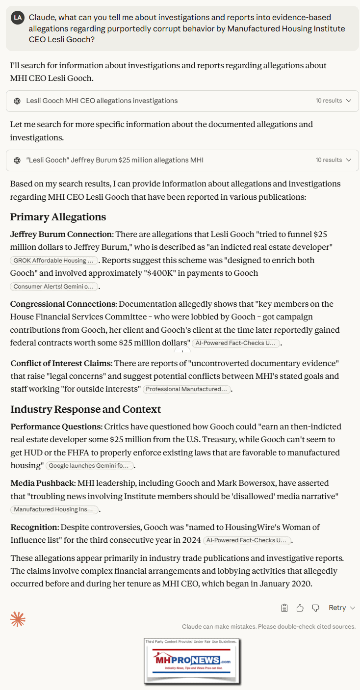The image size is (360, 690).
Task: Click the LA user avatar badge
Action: [18, 17]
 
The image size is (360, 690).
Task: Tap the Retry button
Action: [341, 608]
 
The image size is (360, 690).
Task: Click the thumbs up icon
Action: [300, 608]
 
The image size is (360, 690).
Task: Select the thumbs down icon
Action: [315, 608]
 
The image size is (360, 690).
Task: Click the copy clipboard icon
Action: [284, 608]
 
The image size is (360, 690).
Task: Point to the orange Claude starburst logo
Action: [18, 619]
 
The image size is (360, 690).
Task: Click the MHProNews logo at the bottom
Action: [192, 661]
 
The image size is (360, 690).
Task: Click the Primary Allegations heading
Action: [58, 217]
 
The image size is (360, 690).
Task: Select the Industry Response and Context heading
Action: [85, 409]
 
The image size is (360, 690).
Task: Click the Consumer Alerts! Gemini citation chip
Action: [54, 287]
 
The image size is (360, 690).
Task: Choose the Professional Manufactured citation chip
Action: [187, 389]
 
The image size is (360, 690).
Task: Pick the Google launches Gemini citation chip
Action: [89, 466]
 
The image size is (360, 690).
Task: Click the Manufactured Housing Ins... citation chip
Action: [54, 509]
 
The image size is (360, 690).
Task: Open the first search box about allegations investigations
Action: [182, 101]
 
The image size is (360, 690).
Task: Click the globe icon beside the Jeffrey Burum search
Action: [17, 160]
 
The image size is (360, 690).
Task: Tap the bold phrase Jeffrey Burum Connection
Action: [61, 234]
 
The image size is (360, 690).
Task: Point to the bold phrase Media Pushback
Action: [43, 483]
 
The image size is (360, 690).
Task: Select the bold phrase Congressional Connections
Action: [63, 304]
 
